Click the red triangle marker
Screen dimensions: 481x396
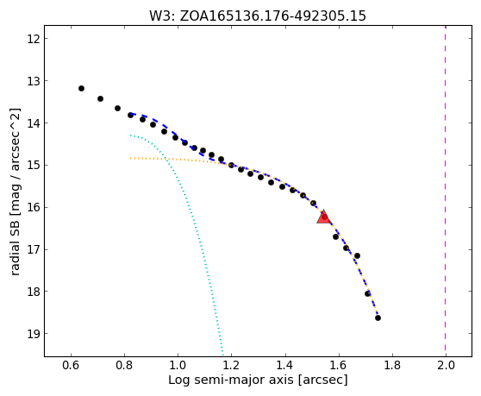click(x=323, y=217)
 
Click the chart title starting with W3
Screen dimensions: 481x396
click(x=258, y=16)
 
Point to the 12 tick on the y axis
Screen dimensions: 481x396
click(x=47, y=38)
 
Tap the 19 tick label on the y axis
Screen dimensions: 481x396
click(x=34, y=334)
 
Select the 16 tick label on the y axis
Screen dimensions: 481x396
click(x=34, y=208)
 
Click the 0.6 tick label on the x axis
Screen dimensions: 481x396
click(x=72, y=366)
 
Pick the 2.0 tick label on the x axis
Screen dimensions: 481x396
click(x=446, y=366)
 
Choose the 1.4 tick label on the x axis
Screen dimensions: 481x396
click(x=285, y=366)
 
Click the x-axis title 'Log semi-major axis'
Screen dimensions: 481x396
click(x=231, y=380)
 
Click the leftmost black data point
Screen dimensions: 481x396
click(x=81, y=88)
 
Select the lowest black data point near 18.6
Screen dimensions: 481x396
click(x=378, y=317)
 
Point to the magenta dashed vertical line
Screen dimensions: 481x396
click(x=445, y=191)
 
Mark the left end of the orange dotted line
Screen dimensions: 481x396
click(x=130, y=159)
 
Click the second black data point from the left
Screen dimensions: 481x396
click(x=100, y=98)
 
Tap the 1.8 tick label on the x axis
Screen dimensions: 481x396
click(x=393, y=366)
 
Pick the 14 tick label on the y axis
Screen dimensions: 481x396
click(x=34, y=123)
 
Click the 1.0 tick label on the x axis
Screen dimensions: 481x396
click(x=178, y=366)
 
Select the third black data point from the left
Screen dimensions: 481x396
click(x=117, y=108)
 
